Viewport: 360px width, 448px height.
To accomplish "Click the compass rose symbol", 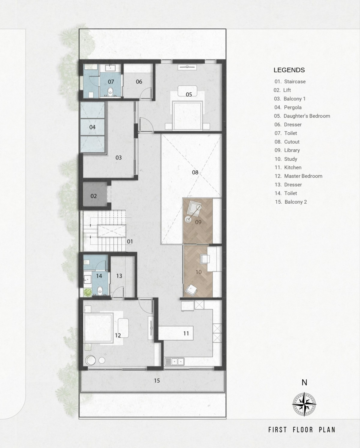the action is [304, 404].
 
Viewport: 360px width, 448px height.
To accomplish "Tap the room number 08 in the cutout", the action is [195, 172].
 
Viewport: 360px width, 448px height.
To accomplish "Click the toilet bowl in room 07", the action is [110, 91].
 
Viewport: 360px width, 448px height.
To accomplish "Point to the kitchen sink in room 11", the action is [175, 361].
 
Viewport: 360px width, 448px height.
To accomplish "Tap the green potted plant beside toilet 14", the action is [88, 292].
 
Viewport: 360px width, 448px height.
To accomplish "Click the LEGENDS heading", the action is [289, 70].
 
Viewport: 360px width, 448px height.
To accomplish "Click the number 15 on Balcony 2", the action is [157, 381].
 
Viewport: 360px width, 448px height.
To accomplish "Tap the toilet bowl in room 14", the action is [100, 290].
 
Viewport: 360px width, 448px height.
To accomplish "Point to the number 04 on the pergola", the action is [92, 127].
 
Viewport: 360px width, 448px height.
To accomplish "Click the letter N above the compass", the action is [304, 383].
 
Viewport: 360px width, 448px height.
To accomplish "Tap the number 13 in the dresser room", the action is [119, 276].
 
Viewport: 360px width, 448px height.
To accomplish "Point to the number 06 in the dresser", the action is [139, 82].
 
